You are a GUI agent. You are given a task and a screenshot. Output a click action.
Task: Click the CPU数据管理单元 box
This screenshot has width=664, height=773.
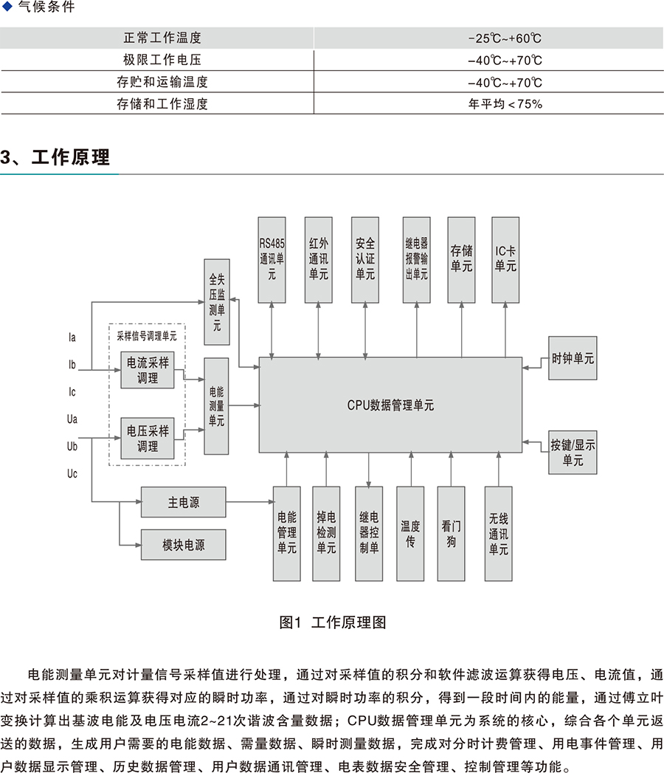coord(390,405)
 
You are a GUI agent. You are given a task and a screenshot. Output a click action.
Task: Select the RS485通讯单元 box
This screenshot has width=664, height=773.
coord(272,259)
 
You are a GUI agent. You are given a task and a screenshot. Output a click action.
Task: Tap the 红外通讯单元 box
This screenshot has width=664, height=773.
coord(319,259)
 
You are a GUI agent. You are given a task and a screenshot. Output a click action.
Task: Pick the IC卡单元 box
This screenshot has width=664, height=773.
coord(505,259)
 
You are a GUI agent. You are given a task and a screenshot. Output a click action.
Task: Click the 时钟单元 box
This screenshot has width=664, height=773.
coord(573,359)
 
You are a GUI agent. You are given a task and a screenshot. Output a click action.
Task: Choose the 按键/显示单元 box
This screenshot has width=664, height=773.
coord(573,452)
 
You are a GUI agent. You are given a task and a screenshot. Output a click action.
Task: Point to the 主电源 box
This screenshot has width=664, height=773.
coord(183,503)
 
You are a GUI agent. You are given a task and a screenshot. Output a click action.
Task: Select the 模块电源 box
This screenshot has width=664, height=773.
coord(183,546)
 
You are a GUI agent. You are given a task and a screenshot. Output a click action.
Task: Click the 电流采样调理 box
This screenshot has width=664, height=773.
coord(148,371)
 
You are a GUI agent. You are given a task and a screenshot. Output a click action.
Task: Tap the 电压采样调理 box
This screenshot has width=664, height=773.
coord(148,439)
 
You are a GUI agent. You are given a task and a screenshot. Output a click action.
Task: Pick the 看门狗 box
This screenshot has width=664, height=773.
coord(452,533)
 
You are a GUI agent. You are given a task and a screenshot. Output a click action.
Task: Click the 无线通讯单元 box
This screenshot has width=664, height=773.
coord(498,533)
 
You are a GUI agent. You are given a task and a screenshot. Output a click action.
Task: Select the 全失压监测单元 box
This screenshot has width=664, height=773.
coord(216,302)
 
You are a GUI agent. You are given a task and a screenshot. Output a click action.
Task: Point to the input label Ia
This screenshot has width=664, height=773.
coord(72,337)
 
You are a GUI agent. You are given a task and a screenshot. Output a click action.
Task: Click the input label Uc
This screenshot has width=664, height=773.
coord(72,473)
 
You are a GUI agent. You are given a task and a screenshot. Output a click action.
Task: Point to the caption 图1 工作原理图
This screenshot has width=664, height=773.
coord(333,622)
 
